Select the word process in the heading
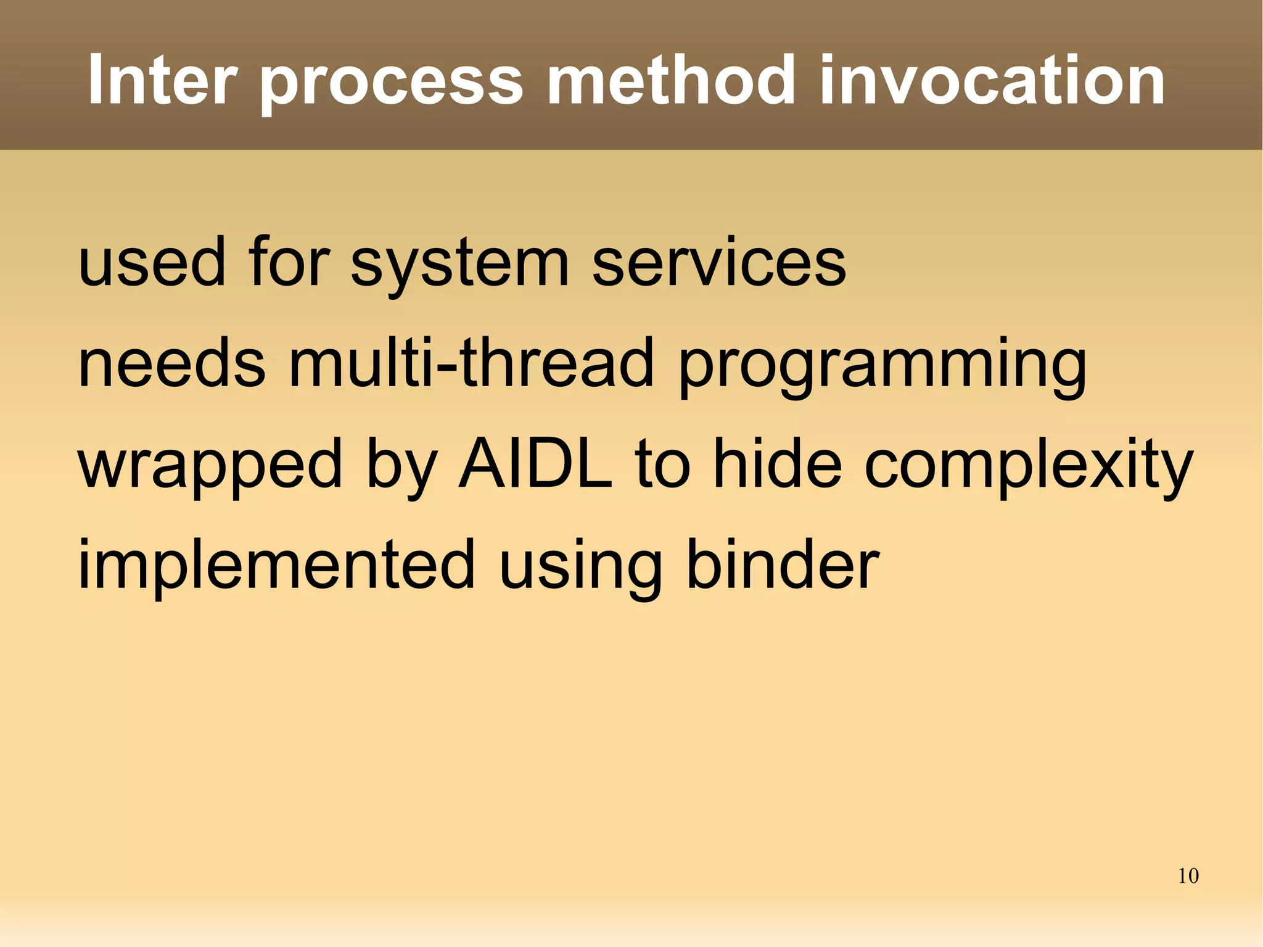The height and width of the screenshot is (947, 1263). tap(392, 83)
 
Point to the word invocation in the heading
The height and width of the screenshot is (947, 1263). tap(992, 80)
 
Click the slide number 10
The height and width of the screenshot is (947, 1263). tap(1188, 876)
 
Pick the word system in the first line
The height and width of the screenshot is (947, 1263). tap(459, 265)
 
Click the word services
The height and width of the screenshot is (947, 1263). tap(719, 262)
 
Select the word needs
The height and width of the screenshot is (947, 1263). tap(172, 363)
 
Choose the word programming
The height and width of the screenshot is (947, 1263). tap(882, 367)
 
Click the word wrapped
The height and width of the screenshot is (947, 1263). tap(210, 466)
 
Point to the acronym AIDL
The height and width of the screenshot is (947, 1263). tap(535, 463)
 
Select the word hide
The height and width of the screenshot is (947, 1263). tap(778, 463)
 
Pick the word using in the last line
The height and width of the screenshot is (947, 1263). tap(580, 568)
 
